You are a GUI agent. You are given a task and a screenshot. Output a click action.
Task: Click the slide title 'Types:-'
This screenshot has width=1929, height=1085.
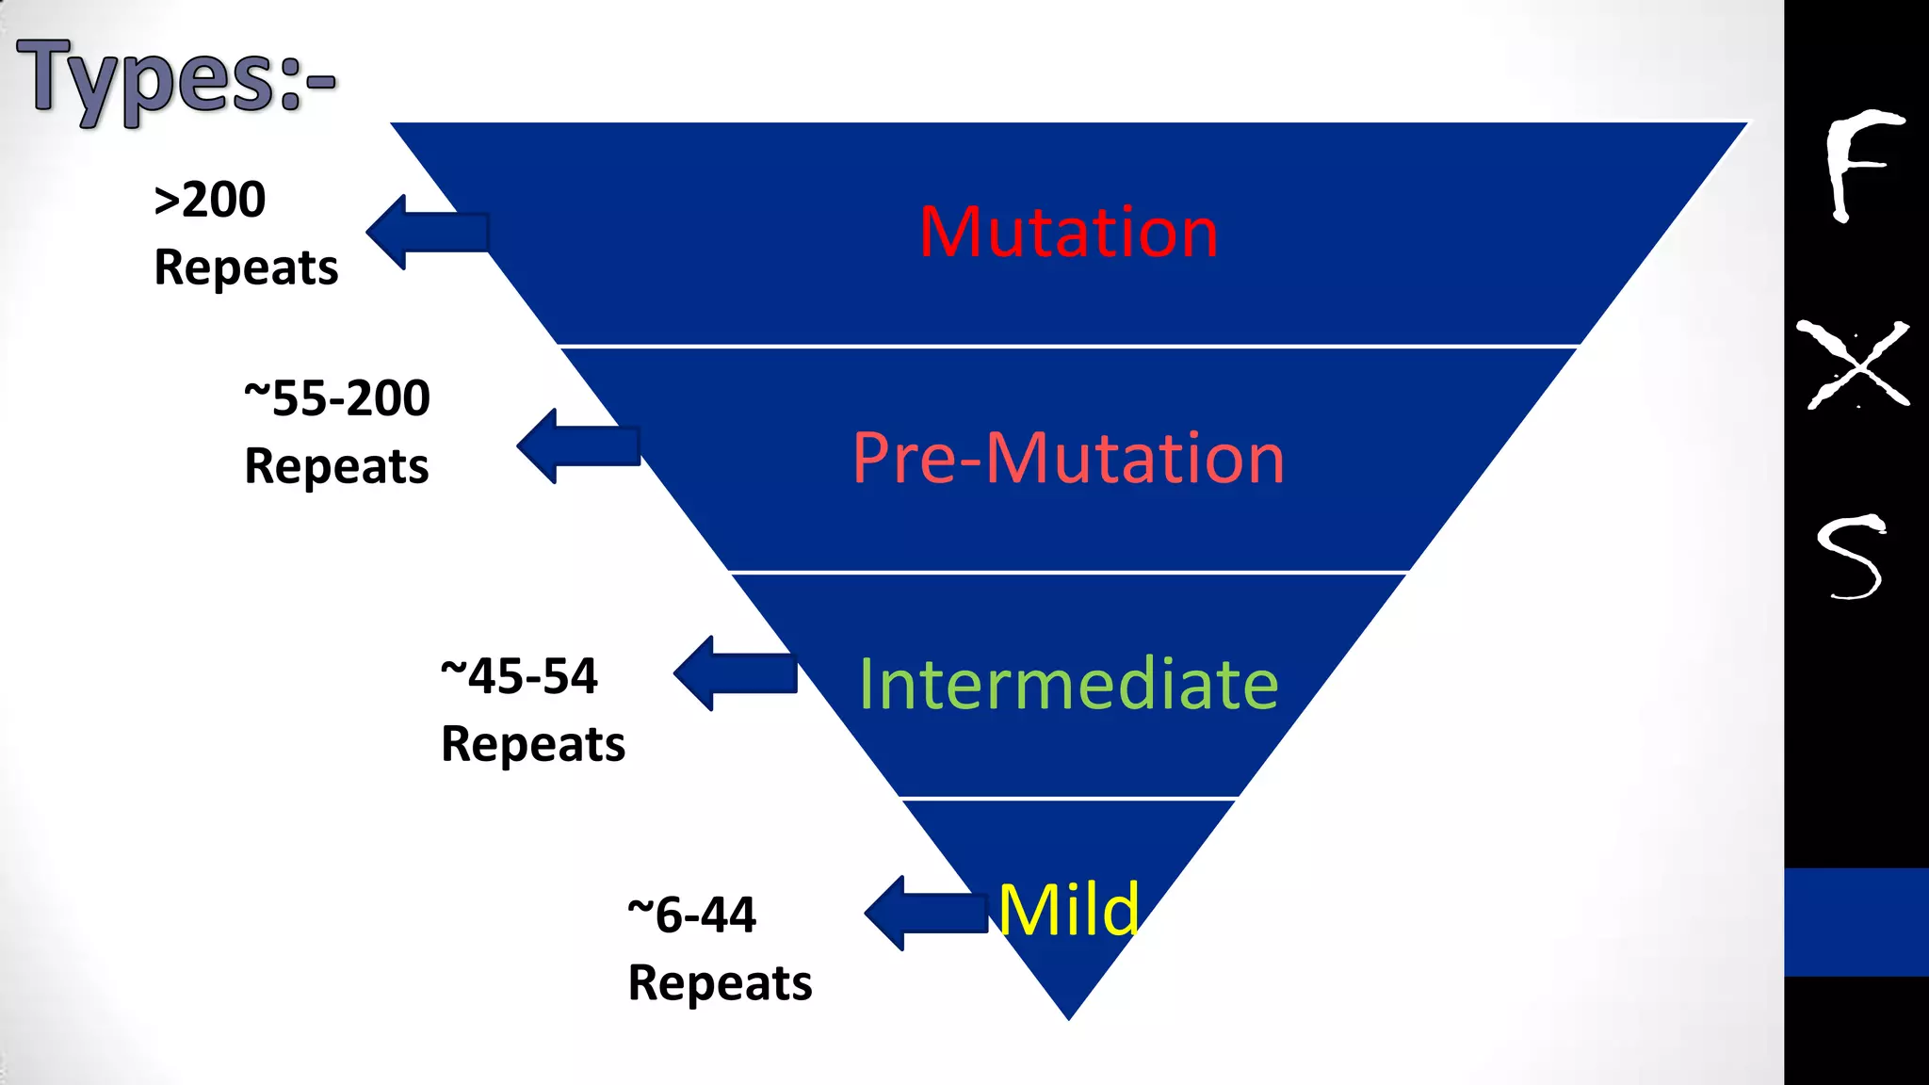click(175, 79)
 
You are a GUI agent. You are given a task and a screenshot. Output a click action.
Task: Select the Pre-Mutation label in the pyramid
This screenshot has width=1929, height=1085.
click(1068, 459)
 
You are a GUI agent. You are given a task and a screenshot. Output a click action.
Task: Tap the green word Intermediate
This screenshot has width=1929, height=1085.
click(1068, 684)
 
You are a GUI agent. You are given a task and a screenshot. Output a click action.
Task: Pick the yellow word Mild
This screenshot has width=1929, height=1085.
click(1068, 910)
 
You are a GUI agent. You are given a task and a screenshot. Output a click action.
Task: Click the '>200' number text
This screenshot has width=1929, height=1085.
click(210, 200)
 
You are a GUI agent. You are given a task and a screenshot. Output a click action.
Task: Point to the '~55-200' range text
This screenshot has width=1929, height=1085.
click(336, 398)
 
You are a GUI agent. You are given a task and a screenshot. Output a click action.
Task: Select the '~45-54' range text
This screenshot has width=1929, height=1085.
click(519, 676)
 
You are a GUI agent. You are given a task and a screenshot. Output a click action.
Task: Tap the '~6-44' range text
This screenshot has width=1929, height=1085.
click(692, 915)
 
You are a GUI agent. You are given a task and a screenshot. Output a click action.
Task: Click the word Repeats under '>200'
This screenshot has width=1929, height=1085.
click(246, 267)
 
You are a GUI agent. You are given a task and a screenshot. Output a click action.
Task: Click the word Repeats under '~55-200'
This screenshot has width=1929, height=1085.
click(336, 466)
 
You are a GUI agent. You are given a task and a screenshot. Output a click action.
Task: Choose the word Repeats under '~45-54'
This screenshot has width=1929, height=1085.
click(533, 744)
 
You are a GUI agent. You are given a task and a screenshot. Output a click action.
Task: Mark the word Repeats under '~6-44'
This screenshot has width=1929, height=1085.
click(720, 983)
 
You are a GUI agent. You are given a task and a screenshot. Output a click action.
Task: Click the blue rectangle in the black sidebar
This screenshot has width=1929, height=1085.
click(1856, 921)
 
